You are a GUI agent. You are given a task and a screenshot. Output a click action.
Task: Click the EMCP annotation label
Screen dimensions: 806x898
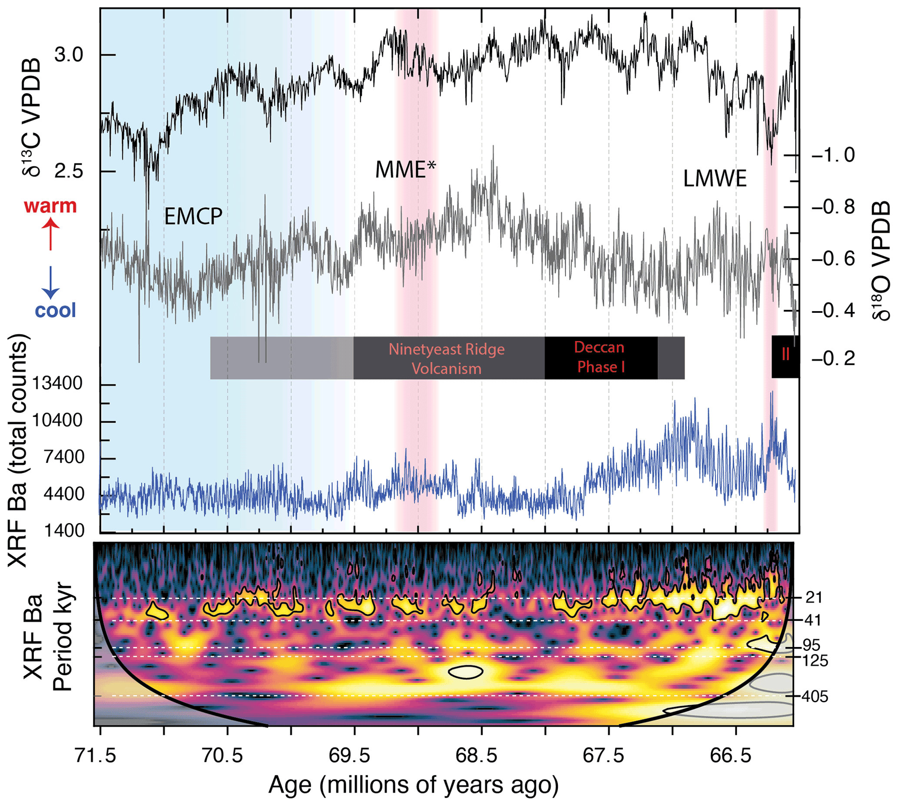(193, 216)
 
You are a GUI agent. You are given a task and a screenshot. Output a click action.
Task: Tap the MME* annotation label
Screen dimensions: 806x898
(405, 169)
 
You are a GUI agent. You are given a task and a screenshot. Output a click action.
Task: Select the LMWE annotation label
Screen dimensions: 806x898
(715, 179)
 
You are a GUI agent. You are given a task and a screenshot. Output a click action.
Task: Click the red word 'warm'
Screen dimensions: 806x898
(50, 206)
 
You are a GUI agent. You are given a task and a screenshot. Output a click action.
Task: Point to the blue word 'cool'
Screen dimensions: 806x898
(55, 310)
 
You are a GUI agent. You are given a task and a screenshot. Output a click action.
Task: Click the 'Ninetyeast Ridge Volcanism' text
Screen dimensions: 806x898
(446, 359)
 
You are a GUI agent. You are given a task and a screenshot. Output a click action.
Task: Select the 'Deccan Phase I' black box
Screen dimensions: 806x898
(600, 358)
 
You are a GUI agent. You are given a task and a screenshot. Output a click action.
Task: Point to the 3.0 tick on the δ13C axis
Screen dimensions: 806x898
(69, 55)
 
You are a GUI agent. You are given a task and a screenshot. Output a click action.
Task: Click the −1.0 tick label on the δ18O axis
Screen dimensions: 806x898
(833, 156)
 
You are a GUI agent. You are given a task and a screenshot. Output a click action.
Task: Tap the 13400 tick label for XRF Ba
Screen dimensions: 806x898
(57, 384)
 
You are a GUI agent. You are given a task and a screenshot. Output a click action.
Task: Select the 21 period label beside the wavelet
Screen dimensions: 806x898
(813, 597)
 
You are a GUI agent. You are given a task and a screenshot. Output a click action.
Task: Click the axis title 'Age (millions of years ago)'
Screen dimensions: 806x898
(413, 785)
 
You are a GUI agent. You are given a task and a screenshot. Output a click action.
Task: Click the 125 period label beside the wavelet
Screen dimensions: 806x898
(815, 661)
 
